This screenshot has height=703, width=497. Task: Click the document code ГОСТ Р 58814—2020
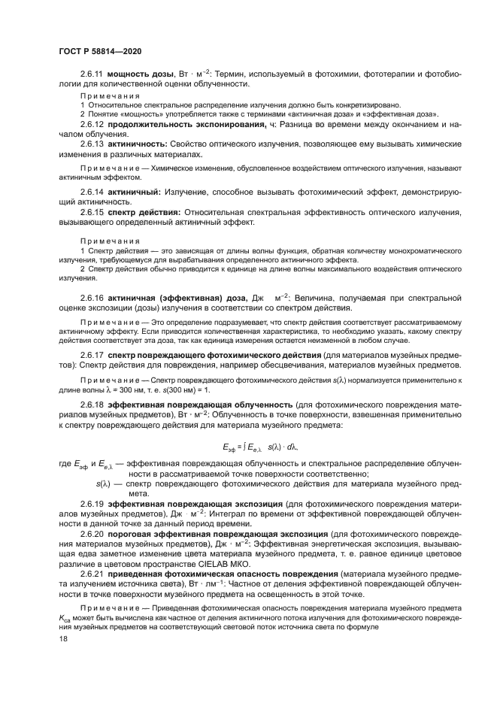pos(100,50)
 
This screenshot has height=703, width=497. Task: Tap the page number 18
pos(62,638)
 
